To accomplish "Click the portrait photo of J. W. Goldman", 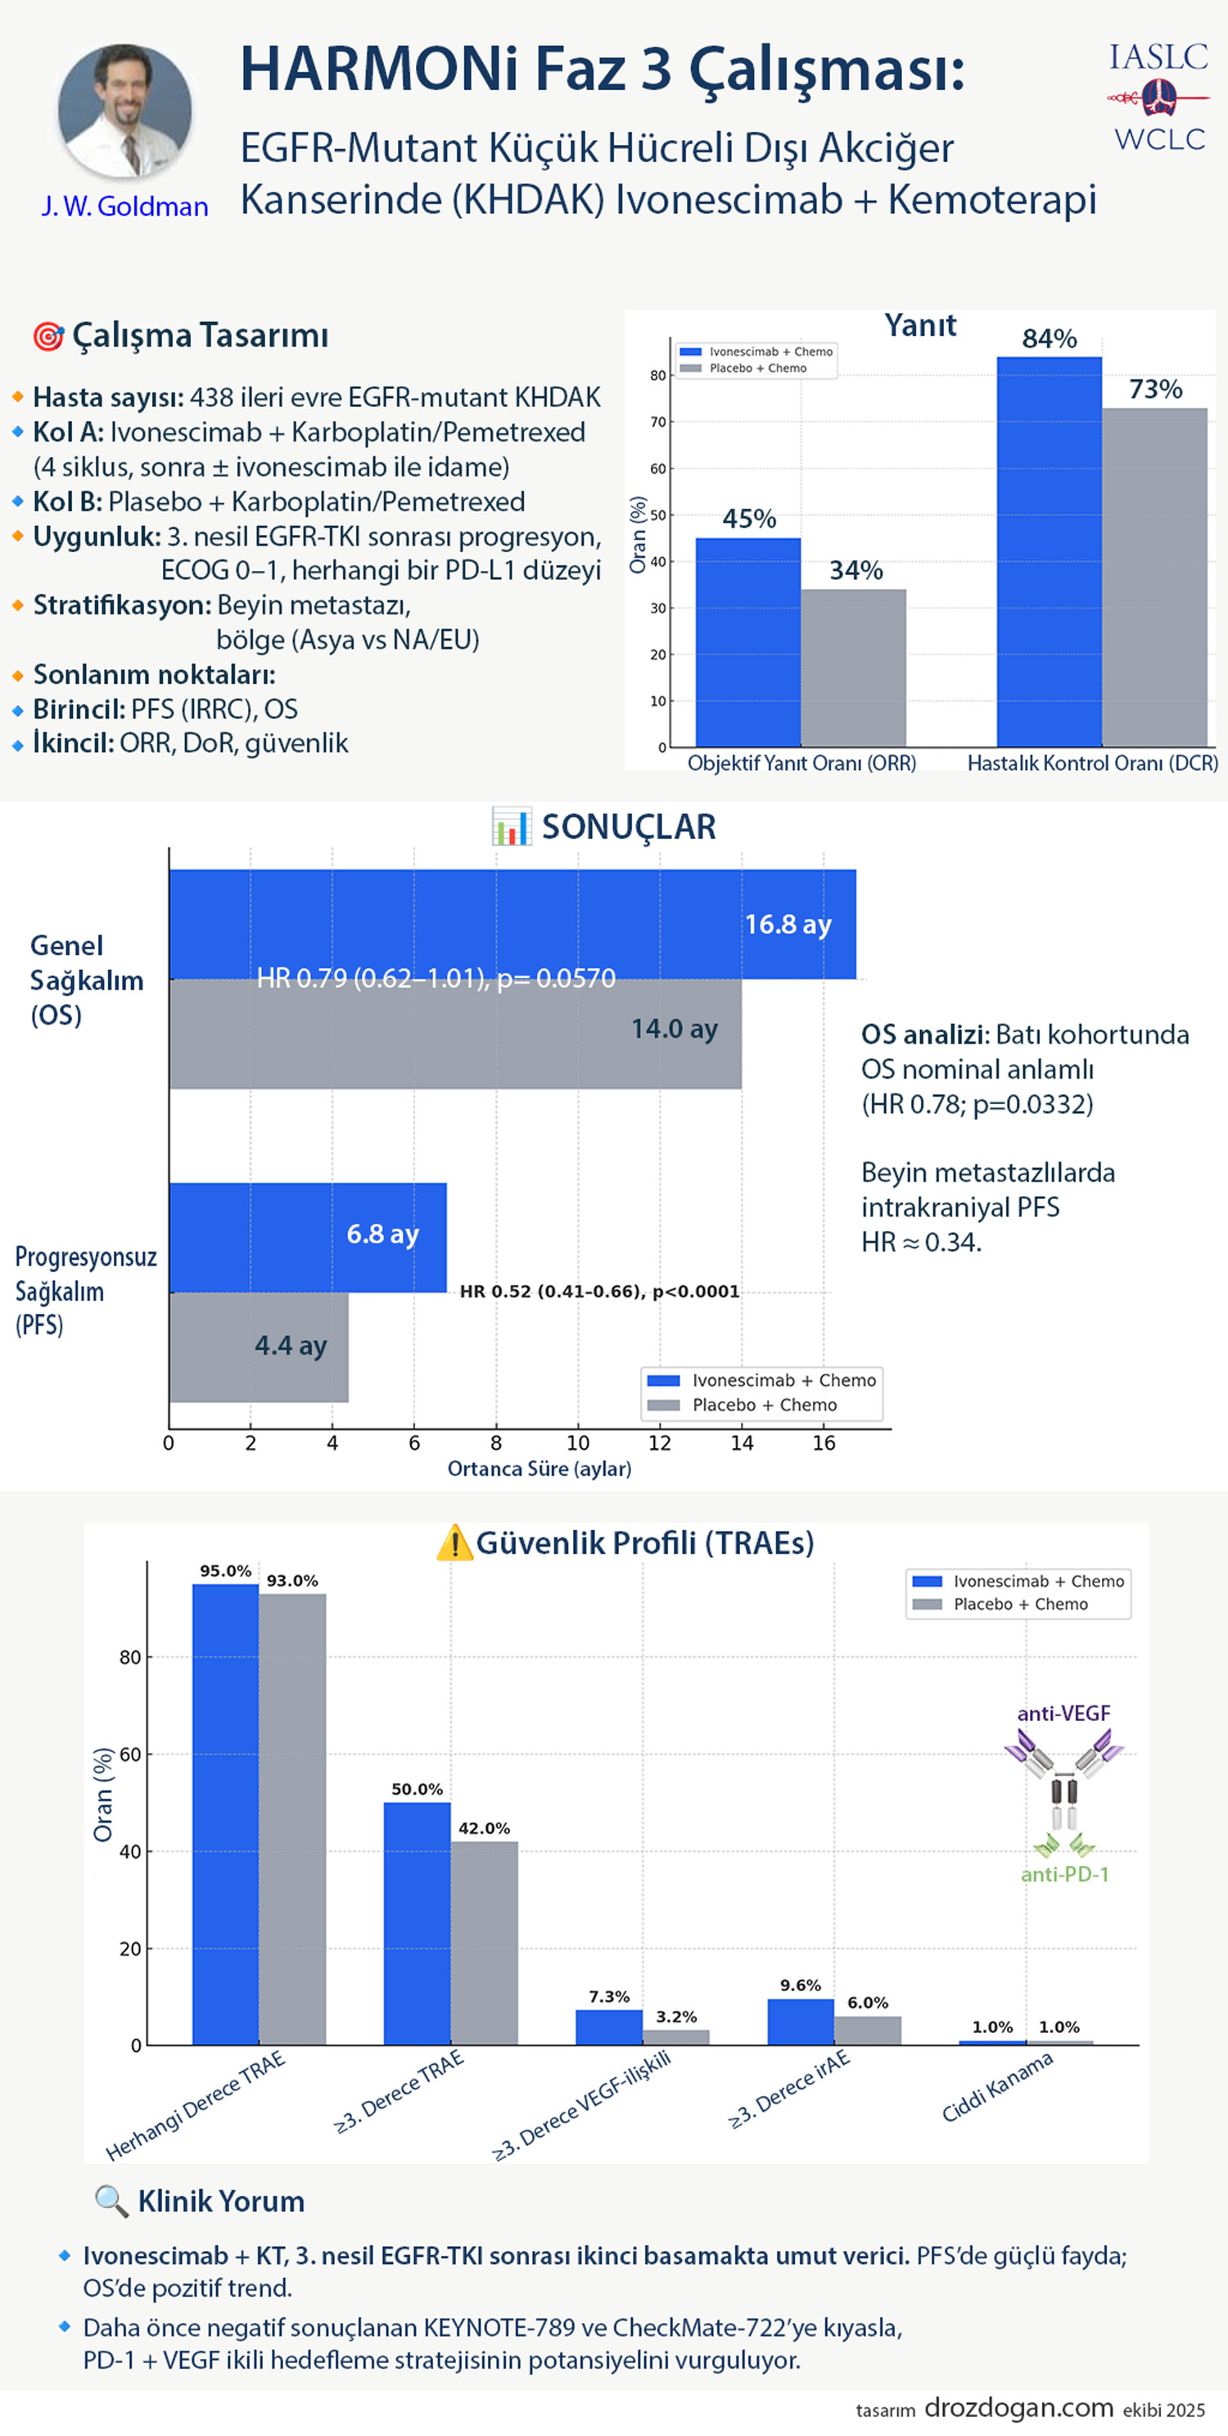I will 124,111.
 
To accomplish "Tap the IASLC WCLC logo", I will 1159,97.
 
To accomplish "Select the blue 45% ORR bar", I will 747,642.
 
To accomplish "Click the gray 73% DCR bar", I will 1154,577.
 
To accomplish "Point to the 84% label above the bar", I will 1049,338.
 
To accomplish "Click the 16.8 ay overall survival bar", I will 512,924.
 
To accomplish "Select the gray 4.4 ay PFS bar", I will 258,1346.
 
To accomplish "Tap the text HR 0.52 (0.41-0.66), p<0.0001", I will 599,1292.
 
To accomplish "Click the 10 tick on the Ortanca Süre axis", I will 578,1443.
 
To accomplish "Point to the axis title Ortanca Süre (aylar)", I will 539,1469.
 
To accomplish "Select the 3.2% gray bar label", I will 676,2017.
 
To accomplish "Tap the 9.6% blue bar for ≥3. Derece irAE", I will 800,2022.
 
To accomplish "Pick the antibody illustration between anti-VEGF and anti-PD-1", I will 1063,1793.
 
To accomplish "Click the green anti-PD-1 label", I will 1064,1874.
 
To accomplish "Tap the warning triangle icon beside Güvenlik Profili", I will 454,1542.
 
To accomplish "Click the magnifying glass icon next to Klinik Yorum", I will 111,2202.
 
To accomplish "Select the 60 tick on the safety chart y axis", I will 129,1755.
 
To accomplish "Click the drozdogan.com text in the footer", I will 1018,2407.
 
